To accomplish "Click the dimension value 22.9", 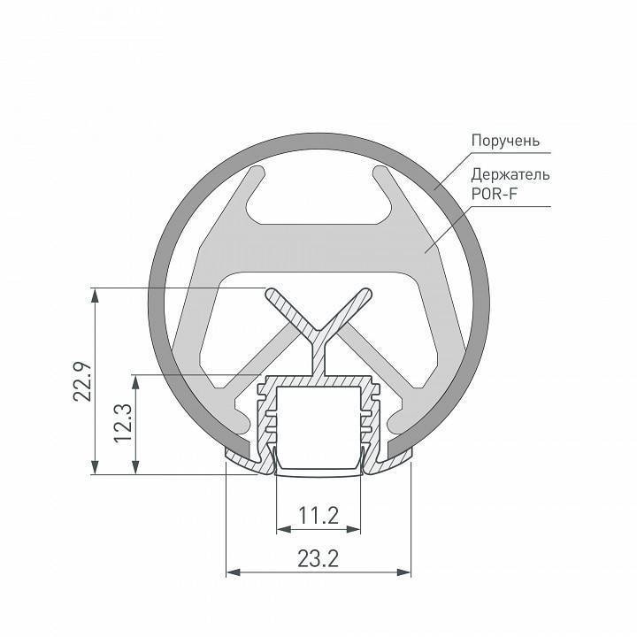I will pyautogui.click(x=81, y=379).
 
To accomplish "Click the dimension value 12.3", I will pyautogui.click(x=123, y=423).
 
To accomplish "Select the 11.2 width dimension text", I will pyautogui.click(x=318, y=516).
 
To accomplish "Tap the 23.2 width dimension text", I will pyautogui.click(x=318, y=559).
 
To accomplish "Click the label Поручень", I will pyautogui.click(x=504, y=141).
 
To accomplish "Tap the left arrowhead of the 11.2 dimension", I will pyautogui.click(x=281, y=530).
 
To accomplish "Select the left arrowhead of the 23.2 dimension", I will pyautogui.click(x=232, y=572).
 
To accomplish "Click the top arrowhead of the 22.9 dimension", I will pyautogui.click(x=93, y=293).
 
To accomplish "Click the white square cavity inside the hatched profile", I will pyautogui.click(x=318, y=425).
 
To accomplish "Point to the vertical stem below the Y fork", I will pyautogui.click(x=318, y=358).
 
